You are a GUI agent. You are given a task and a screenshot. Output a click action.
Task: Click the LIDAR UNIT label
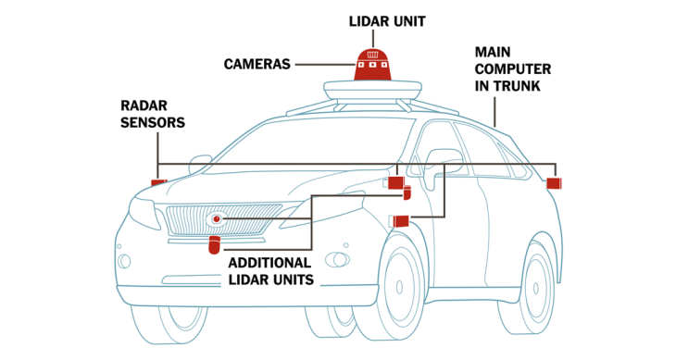click(387, 21)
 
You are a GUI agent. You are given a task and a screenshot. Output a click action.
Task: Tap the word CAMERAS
click(257, 65)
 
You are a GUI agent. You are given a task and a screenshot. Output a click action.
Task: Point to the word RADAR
click(144, 106)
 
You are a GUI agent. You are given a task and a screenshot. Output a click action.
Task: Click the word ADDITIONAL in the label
click(269, 263)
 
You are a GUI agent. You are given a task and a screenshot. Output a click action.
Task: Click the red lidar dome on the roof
click(373, 65)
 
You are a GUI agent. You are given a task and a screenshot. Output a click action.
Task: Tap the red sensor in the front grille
click(217, 219)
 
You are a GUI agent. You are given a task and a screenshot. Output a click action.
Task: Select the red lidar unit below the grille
click(214, 244)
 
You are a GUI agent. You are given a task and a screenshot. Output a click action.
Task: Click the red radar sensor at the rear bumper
click(554, 183)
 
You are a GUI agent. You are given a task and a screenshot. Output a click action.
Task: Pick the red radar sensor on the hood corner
click(158, 183)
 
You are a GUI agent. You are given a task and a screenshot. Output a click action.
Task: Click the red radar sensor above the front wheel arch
click(400, 221)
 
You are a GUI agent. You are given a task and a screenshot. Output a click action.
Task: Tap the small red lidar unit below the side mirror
click(407, 192)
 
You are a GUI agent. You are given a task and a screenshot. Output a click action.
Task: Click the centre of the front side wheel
click(400, 287)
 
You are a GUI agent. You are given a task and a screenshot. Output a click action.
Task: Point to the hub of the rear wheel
click(536, 288)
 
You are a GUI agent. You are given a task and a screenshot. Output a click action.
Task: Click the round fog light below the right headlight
click(338, 260)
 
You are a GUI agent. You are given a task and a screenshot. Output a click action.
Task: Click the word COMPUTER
click(513, 69)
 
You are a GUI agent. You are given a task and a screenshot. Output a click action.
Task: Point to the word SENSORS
click(153, 123)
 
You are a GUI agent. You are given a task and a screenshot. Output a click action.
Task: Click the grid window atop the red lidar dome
click(373, 55)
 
